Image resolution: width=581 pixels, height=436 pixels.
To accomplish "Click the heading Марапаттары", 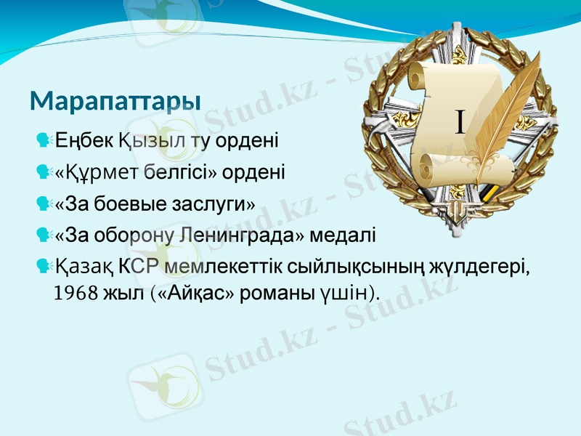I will (115, 101).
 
